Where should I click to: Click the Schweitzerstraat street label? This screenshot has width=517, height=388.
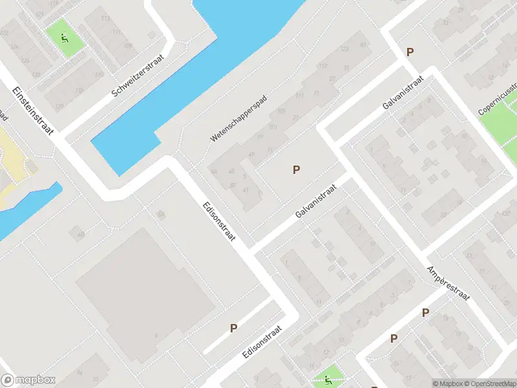point(138,76)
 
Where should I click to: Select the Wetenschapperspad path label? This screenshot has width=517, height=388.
point(238,120)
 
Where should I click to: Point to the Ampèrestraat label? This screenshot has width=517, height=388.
point(448,282)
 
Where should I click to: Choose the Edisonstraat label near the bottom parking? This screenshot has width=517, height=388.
point(262,343)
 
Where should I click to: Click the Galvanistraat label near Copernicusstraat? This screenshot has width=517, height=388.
point(402,91)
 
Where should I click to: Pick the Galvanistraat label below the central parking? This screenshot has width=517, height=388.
point(317,199)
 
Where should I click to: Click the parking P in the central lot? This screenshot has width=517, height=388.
point(297,170)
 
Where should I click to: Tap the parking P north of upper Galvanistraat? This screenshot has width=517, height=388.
point(409,52)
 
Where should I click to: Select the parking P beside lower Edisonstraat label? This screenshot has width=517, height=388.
point(233,328)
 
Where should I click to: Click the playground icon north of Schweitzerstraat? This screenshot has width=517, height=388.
point(64,38)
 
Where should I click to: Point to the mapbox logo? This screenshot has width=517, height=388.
point(28,380)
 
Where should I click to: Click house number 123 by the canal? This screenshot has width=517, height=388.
point(344,49)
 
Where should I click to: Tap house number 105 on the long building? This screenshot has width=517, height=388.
point(280,111)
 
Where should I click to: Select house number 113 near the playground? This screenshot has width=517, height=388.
point(105,18)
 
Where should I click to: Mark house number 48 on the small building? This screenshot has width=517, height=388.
point(81,235)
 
